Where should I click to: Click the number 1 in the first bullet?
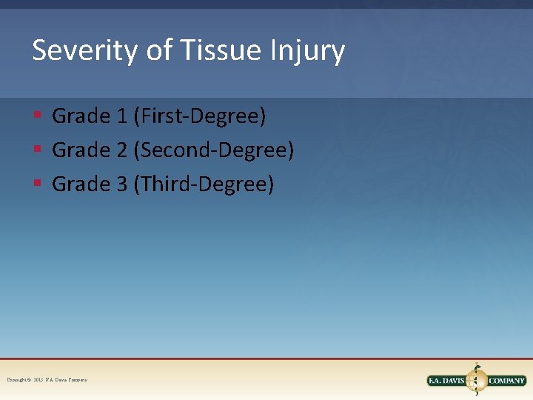tap(121, 116)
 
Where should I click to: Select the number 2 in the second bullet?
tap(121, 150)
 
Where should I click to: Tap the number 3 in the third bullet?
tap(121, 184)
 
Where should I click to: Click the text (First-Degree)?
tap(200, 116)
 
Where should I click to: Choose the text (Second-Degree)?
tap(214, 150)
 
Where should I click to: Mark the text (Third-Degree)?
tap(204, 184)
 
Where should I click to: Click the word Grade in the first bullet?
tap(81, 116)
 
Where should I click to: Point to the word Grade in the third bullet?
tap(81, 184)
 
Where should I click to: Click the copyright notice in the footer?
tap(47, 380)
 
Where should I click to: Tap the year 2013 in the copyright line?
tap(38, 380)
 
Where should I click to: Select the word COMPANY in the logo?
tap(506, 381)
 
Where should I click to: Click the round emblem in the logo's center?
tap(477, 380)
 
